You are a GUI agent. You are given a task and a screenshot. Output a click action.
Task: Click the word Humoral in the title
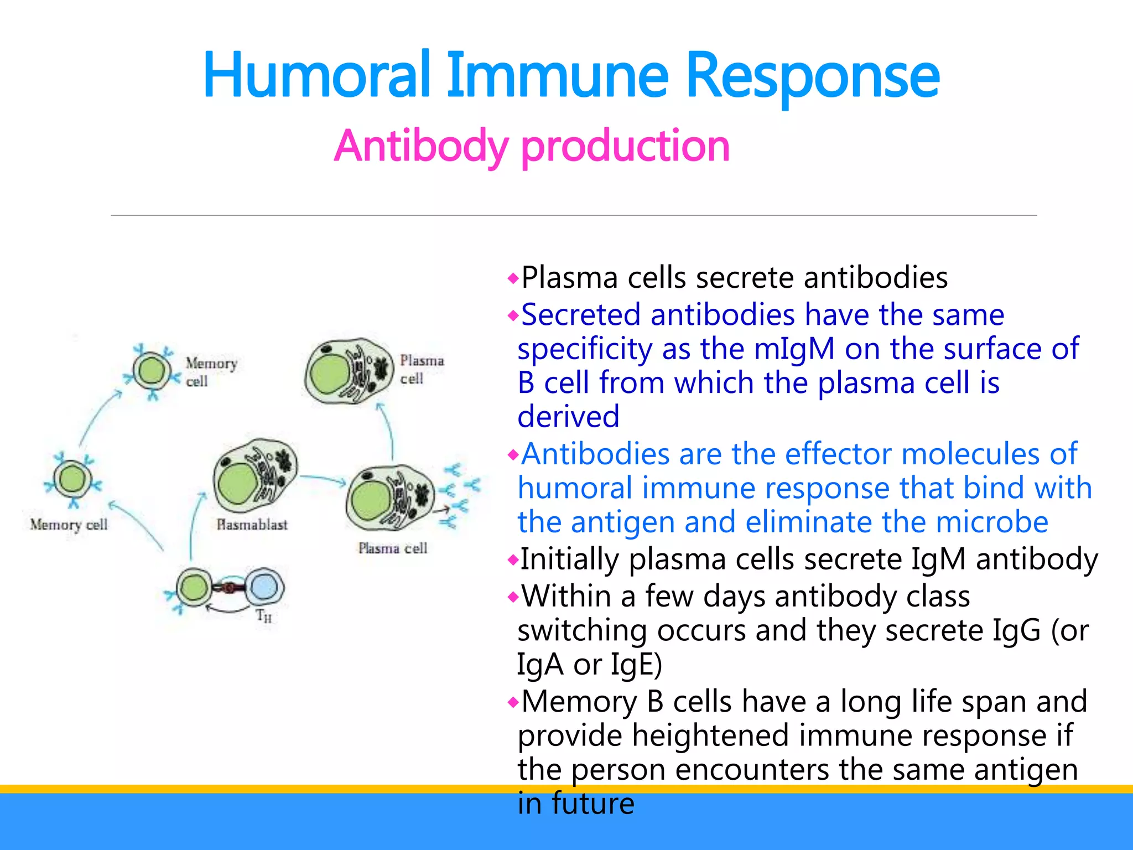pyautogui.click(x=316, y=76)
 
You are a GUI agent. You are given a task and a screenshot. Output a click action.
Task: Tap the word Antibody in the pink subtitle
pyautogui.click(x=420, y=146)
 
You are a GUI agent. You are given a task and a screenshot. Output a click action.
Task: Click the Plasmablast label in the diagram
pyautogui.click(x=252, y=525)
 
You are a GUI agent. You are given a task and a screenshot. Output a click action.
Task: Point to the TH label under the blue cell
pyautogui.click(x=264, y=615)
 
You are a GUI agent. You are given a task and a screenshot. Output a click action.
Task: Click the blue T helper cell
pyautogui.click(x=264, y=587)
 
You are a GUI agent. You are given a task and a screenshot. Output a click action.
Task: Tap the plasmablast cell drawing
pyautogui.click(x=254, y=476)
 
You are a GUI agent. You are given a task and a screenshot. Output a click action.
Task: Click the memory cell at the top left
pyautogui.click(x=152, y=371)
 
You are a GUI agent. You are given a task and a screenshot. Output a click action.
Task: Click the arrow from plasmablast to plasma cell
pyautogui.click(x=323, y=479)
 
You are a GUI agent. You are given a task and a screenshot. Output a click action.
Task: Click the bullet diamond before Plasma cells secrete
pyautogui.click(x=513, y=278)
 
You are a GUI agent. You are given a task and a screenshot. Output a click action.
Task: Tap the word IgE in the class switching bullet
pyautogui.click(x=635, y=665)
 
